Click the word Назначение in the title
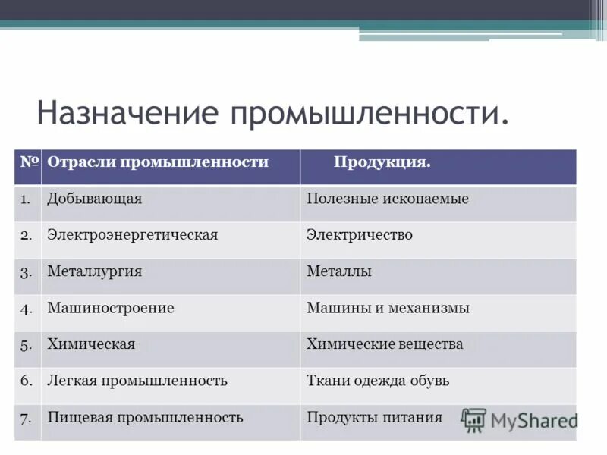tap(128, 113)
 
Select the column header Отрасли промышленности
tap(158, 162)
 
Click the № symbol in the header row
tap(29, 162)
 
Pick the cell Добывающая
tap(95, 199)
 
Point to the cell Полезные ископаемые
tap(387, 199)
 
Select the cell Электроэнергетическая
tap(132, 235)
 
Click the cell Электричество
tap(359, 235)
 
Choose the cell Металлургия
tap(95, 271)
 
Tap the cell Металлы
tap(338, 271)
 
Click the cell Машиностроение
tap(111, 308)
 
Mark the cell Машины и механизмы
tap(388, 308)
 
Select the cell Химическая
tap(91, 344)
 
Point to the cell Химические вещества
tap(384, 344)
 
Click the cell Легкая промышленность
tap(137, 381)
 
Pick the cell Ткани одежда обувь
tap(377, 381)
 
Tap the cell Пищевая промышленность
tap(145, 417)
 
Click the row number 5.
tap(26, 345)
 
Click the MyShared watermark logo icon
tap(474, 420)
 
